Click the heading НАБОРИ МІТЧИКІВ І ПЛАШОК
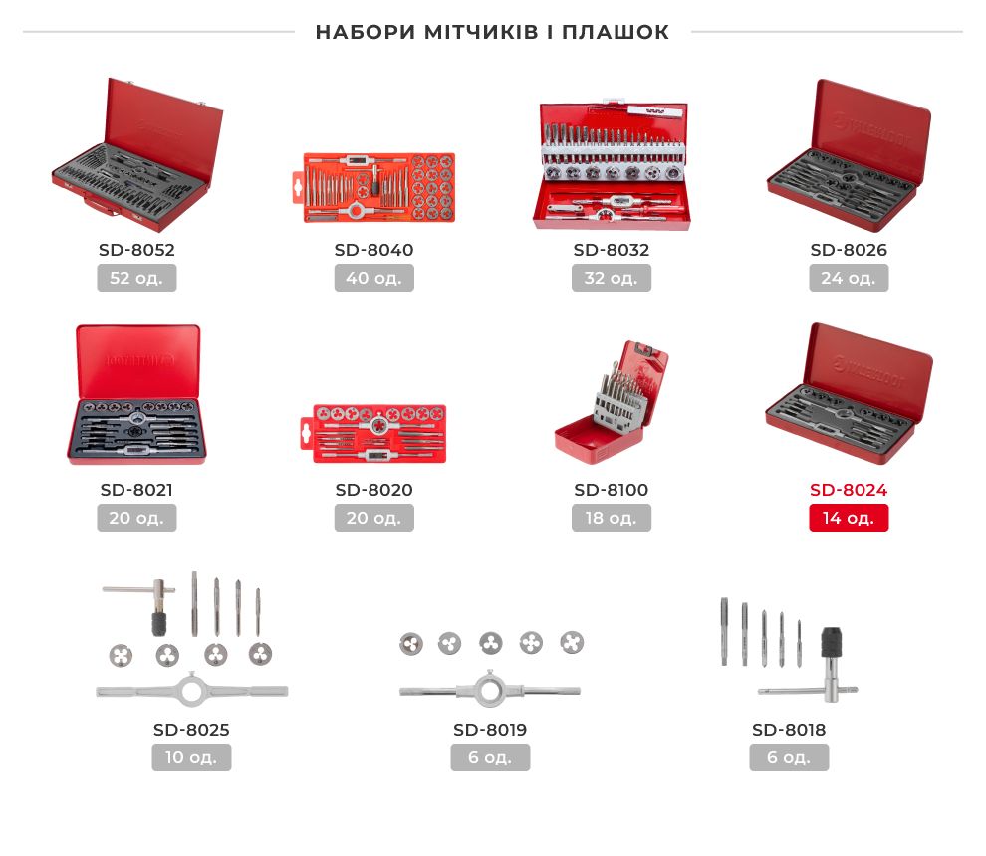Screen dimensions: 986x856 [x=492, y=32]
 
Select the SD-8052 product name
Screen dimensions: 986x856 [x=136, y=250]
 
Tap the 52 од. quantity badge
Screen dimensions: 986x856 [x=136, y=278]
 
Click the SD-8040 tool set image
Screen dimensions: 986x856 [x=374, y=187]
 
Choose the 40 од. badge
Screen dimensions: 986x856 [x=374, y=278]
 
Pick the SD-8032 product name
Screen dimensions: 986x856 [x=612, y=250]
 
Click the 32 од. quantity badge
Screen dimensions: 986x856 [x=612, y=278]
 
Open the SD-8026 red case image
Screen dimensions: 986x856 [x=849, y=154]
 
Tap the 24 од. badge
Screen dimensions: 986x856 [x=849, y=278]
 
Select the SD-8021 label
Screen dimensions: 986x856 [x=136, y=490]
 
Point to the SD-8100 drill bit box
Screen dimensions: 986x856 [x=612, y=402]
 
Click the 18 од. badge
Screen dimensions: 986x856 [x=612, y=518]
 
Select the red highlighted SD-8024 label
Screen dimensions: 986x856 [x=849, y=490]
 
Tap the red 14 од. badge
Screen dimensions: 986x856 [x=849, y=518]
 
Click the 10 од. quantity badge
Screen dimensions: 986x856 [x=191, y=757]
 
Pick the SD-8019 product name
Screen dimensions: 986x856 [x=490, y=730]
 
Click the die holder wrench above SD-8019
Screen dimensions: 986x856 [x=490, y=691]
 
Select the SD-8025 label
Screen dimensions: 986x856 [x=191, y=730]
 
